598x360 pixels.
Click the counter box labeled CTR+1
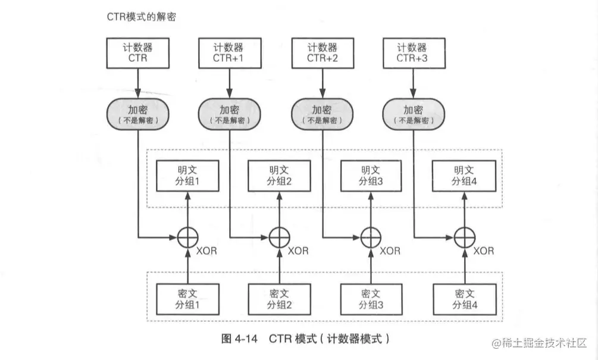[228, 53]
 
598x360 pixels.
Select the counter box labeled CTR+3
[412, 53]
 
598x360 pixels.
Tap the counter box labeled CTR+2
[321, 53]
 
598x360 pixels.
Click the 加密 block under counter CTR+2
[321, 114]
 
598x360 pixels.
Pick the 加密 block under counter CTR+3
[412, 114]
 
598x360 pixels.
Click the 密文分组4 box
[463, 300]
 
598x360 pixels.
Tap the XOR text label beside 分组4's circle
[483, 251]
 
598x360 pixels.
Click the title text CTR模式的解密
[139, 17]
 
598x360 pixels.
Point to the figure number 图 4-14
[239, 339]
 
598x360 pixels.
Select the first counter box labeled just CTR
[137, 53]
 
